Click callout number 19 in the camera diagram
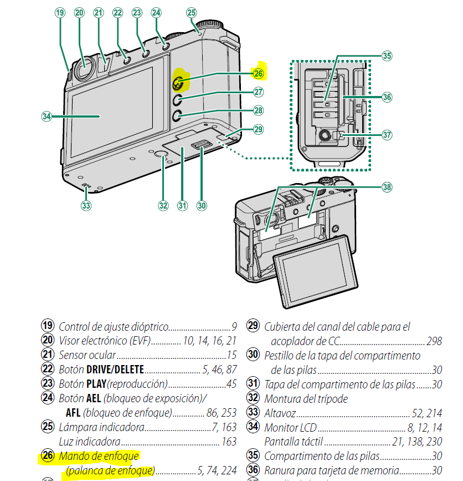[x=60, y=13]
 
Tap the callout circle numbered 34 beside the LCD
[x=47, y=117]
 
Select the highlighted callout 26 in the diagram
[x=259, y=73]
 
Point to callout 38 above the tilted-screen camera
[x=387, y=187]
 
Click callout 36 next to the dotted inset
[x=387, y=97]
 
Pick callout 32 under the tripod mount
[x=163, y=205]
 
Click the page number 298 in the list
[x=434, y=341]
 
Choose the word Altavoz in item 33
[x=280, y=413]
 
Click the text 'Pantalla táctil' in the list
[x=294, y=442]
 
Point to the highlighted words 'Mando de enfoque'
[x=99, y=456]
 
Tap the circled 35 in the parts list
[x=253, y=456]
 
